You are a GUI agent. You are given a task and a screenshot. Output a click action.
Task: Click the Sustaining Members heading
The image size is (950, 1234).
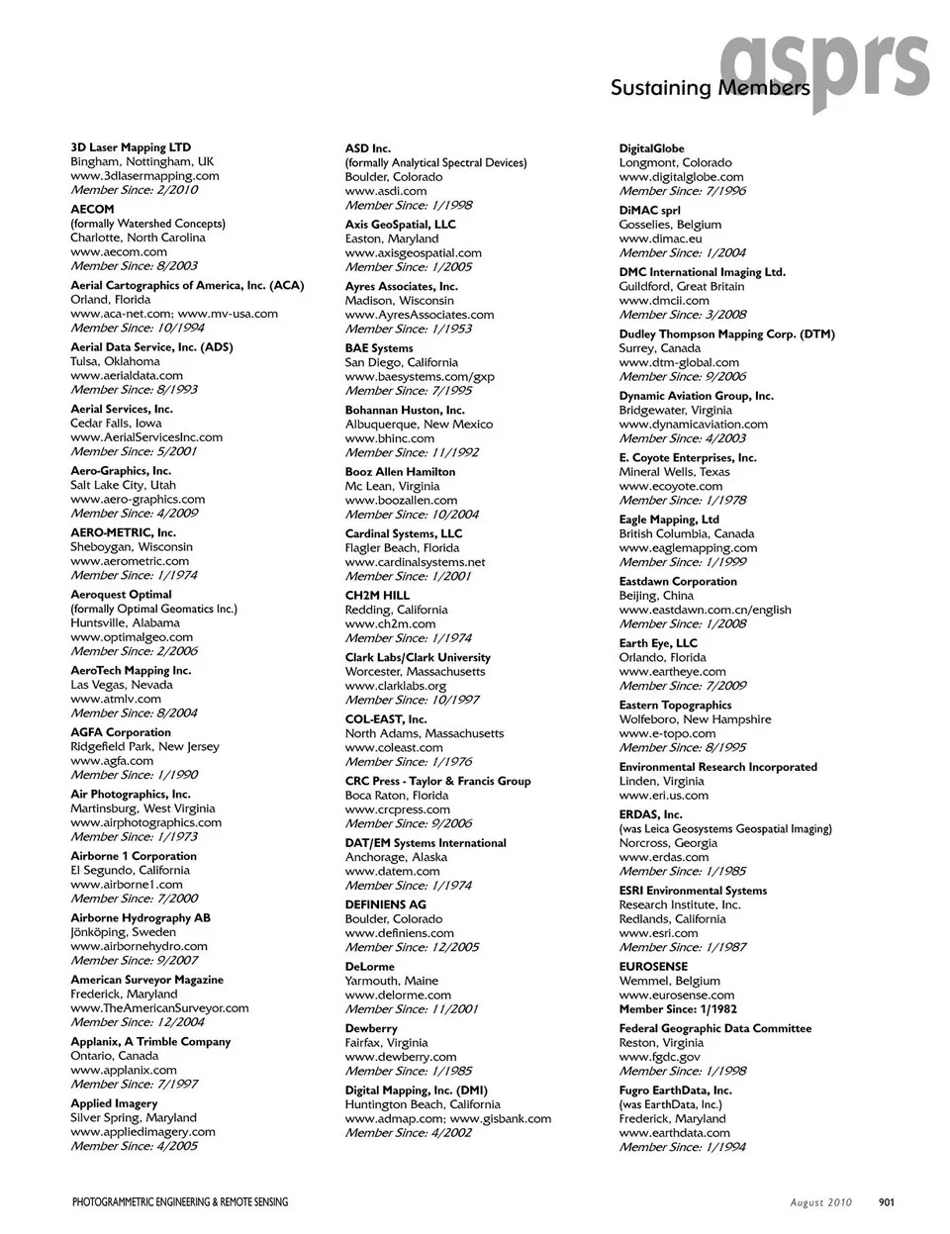pos(710,88)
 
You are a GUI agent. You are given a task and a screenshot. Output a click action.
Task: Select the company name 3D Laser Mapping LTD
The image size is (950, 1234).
pos(131,147)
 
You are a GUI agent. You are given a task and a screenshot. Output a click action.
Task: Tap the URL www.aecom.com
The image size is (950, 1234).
pos(119,251)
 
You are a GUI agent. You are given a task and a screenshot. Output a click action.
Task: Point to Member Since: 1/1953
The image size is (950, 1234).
pos(408,329)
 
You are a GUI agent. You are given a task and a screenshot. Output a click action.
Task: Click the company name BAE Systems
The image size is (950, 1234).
pos(379,348)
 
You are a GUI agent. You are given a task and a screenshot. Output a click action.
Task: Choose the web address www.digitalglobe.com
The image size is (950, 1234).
pos(681,177)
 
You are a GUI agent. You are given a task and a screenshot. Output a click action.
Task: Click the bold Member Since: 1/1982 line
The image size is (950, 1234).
pos(678,1009)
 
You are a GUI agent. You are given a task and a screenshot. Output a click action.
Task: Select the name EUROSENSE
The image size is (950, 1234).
pos(653,967)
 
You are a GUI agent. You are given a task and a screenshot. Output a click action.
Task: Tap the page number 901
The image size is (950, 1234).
pos(886,1202)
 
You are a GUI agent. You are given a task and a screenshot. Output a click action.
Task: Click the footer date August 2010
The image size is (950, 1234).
pos(820,1202)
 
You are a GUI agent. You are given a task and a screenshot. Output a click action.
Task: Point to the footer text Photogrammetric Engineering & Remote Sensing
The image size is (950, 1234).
pos(180,1202)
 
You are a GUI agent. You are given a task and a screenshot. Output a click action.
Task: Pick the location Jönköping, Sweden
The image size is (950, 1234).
pos(123,932)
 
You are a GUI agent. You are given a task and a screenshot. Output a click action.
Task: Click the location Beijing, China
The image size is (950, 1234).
pos(656,596)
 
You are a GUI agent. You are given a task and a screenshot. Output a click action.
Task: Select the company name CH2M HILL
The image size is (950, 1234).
pos(377,596)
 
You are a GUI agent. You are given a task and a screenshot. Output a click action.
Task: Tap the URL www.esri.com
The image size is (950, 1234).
pos(658,933)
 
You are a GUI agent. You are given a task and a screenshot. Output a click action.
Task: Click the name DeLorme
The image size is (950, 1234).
pos(369,967)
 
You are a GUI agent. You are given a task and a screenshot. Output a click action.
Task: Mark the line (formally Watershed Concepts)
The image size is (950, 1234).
pos(147,224)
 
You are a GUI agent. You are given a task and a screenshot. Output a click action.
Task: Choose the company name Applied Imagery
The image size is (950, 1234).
pos(114,1103)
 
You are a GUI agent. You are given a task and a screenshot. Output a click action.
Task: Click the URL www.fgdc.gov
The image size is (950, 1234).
pos(659,1057)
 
